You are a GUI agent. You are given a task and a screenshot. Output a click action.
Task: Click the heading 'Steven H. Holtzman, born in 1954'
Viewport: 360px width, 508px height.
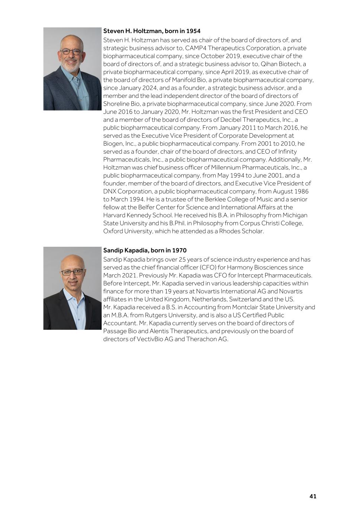(152, 31)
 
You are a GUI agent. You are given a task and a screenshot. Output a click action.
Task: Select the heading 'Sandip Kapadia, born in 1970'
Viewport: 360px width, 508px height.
(145, 250)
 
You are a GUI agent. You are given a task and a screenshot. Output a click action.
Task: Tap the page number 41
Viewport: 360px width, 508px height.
(313, 496)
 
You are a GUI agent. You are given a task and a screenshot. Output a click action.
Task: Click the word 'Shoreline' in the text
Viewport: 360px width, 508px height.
(116, 104)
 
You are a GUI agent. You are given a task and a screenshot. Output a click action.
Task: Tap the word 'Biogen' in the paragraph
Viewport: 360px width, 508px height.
(112, 144)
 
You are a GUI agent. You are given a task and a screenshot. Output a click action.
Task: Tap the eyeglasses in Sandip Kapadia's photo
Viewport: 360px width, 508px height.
(72, 272)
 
